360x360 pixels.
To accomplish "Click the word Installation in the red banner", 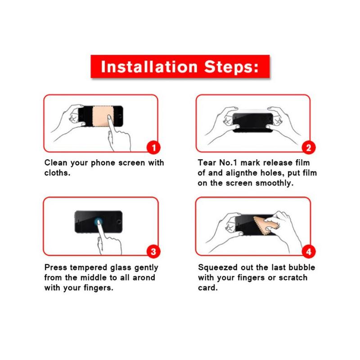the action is point(149,67).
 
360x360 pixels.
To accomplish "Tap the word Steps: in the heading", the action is point(231,67).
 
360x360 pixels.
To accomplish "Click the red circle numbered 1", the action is point(153,148).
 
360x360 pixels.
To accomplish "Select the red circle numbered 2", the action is point(309,148).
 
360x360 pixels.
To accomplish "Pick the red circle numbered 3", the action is point(153,252).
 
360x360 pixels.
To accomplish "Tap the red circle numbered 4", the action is point(309,252).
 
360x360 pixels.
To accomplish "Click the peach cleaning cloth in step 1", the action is point(101,116).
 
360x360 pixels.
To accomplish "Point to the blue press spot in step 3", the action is point(98,222).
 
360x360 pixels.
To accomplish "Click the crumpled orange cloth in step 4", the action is point(265,225).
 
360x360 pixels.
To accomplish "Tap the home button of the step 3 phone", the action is point(119,222).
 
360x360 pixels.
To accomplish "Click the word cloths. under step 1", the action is point(57,173).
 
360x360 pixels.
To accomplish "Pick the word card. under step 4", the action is point(208,288).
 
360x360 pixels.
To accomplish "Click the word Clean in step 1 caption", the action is point(56,162).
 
